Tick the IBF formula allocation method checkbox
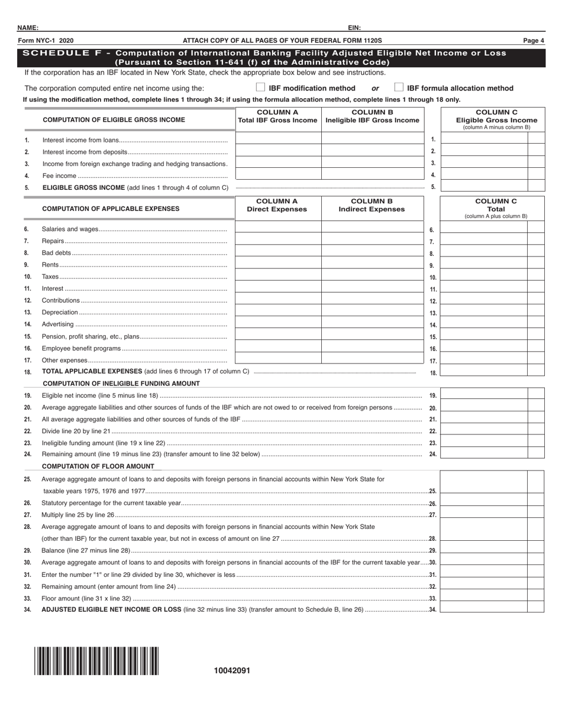(399, 87)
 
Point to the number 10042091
(232, 671)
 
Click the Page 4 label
(534, 41)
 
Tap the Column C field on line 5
(484, 186)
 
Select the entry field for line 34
(484, 607)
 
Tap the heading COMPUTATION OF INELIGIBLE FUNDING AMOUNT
(121, 384)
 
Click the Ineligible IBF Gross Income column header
(373, 120)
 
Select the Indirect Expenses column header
(372, 209)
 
